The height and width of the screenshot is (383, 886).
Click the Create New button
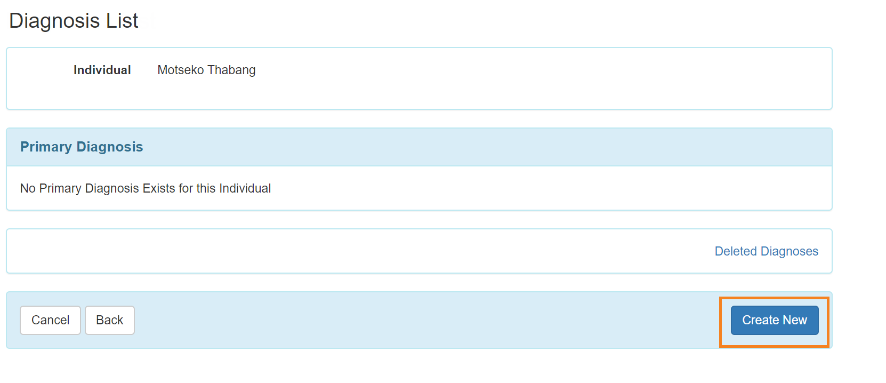(x=775, y=320)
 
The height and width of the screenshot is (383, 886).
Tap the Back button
(x=110, y=320)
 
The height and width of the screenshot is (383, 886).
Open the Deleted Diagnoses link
(x=766, y=251)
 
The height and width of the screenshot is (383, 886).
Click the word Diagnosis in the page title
(x=54, y=21)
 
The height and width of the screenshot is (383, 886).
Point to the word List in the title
(x=122, y=21)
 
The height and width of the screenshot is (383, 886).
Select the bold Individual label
(x=102, y=70)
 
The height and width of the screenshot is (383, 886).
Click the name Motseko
(x=181, y=70)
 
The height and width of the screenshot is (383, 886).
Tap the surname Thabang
(x=231, y=70)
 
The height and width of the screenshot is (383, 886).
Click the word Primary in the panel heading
(x=46, y=147)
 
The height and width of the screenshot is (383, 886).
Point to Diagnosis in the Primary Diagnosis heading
(x=110, y=147)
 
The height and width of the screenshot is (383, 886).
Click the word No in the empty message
(x=28, y=188)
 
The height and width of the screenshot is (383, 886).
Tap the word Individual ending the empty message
(x=245, y=188)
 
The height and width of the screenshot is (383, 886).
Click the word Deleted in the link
(x=736, y=251)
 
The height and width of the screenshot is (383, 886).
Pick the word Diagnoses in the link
(x=790, y=251)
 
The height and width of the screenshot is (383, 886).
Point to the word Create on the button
(x=760, y=320)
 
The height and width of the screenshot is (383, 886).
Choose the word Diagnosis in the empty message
(x=112, y=188)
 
